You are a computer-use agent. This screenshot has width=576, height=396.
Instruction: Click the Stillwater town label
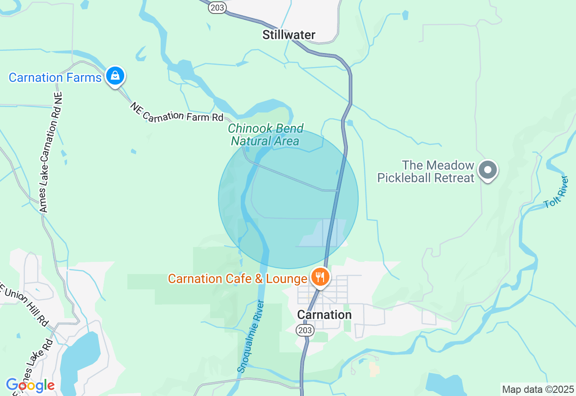pos(289,35)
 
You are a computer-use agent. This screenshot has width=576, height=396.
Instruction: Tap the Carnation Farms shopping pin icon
pos(115,76)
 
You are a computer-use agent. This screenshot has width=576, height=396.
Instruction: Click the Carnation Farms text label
pos(55,77)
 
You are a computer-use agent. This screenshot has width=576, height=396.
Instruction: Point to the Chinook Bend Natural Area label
pos(265,135)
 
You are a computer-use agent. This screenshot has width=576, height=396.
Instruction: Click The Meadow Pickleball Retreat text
pos(426,171)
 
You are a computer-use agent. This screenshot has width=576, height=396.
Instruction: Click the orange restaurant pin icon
pos(320,277)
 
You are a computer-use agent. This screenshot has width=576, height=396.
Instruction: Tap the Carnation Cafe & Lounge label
pos(237,279)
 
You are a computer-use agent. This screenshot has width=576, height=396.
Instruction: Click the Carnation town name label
pos(324,315)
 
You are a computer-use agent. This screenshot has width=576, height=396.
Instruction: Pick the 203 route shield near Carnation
pos(305,330)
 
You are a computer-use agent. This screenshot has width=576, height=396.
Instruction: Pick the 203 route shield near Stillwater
pos(217,7)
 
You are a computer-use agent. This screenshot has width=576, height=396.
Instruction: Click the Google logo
pos(30,385)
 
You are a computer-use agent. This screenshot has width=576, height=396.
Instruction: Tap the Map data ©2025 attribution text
pos(538,389)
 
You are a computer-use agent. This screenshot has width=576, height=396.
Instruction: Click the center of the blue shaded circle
pos(288,199)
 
